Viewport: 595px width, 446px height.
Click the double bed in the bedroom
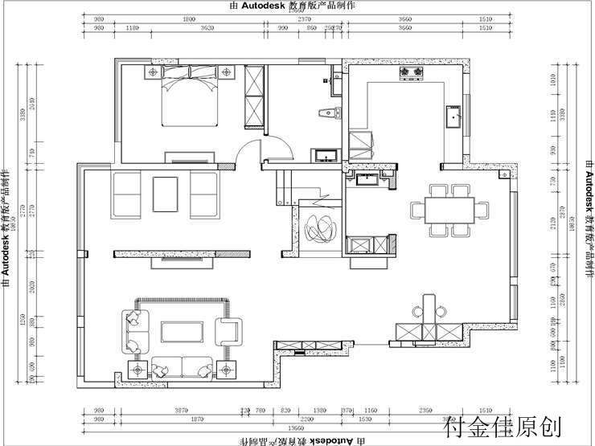coord(191,100)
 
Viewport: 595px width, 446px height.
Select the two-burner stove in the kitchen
coord(412,74)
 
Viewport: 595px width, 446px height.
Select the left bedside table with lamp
coord(152,73)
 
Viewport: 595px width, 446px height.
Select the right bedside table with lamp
coord(228,73)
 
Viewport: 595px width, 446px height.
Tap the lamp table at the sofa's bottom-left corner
coord(137,368)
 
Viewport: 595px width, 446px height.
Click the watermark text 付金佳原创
coord(496,427)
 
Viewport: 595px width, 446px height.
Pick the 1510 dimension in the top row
coord(484,19)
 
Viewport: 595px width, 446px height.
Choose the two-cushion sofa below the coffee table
coord(183,367)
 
